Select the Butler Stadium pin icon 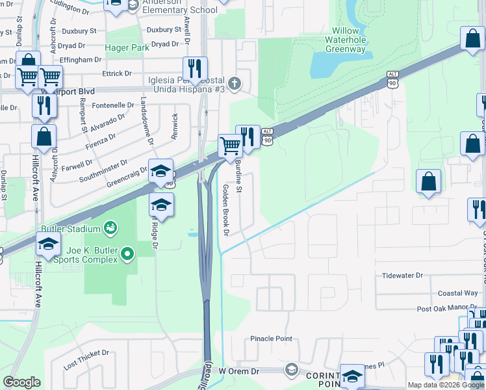[x=110, y=228]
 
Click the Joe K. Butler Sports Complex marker [x=129, y=253]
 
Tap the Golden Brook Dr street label [x=227, y=209]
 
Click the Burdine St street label [x=238, y=176]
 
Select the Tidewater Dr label [x=402, y=276]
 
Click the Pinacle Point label [x=272, y=339]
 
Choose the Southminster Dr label [x=103, y=172]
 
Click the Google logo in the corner [x=21, y=382]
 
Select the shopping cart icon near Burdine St [x=230, y=145]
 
